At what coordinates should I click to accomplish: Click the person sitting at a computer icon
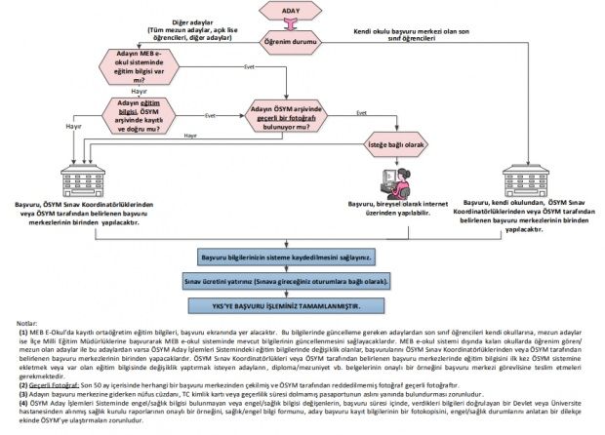[397, 181]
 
